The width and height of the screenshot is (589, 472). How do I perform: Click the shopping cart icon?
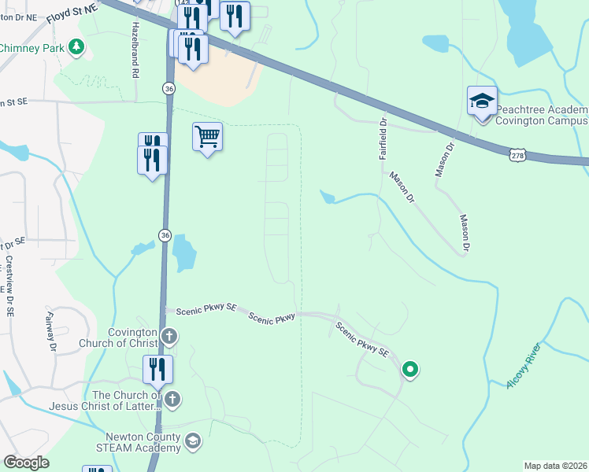pos(207,136)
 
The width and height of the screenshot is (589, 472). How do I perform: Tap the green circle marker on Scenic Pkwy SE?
pos(409,368)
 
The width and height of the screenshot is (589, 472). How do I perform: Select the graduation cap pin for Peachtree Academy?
pos(482,101)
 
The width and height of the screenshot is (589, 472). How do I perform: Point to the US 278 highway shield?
pos(516,155)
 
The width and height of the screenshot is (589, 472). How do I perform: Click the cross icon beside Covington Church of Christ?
pos(169,337)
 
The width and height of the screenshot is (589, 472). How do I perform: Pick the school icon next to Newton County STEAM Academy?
pos(193,442)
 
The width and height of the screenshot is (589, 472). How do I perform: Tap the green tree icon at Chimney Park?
pos(76,48)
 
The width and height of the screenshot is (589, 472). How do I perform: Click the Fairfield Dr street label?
pos(383,138)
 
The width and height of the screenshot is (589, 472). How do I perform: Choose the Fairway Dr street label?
pos(52,330)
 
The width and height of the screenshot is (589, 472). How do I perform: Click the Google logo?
pos(27,463)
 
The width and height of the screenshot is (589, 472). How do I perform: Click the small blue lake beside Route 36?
pos(183,253)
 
